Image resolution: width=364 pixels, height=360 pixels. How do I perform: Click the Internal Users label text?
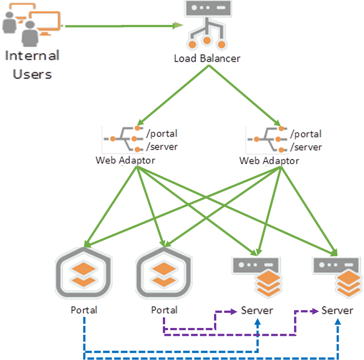tap(32, 65)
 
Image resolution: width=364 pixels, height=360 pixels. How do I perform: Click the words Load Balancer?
tap(207, 58)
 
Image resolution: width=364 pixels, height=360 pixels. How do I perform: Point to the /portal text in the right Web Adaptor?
tap(306, 133)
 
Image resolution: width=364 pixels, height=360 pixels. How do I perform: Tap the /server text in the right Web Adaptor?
tap(306, 147)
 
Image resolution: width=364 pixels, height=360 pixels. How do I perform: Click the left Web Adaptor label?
tap(125, 160)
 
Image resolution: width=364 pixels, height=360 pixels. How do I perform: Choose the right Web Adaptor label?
tap(269, 160)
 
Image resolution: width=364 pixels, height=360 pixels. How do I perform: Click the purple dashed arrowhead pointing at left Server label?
tap(233, 312)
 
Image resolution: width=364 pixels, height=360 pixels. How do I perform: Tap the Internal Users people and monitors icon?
tap(31, 24)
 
